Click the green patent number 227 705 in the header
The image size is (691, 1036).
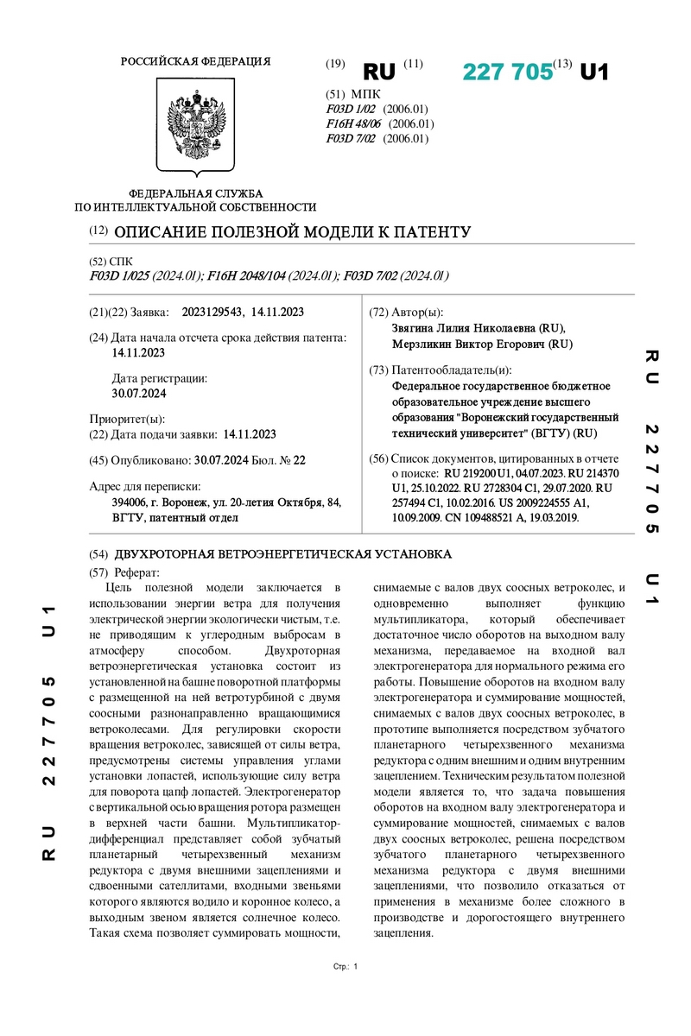click(507, 73)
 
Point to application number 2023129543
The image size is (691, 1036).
click(209, 312)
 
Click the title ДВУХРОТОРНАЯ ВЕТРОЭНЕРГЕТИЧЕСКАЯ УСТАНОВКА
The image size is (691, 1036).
click(282, 553)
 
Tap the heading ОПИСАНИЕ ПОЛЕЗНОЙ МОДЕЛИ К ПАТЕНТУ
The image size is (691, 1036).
click(292, 232)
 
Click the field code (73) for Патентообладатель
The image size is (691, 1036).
click(378, 370)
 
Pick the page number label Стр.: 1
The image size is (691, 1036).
click(345, 966)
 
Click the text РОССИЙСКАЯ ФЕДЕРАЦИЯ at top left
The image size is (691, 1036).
click(195, 61)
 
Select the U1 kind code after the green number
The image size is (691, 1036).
click(593, 73)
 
